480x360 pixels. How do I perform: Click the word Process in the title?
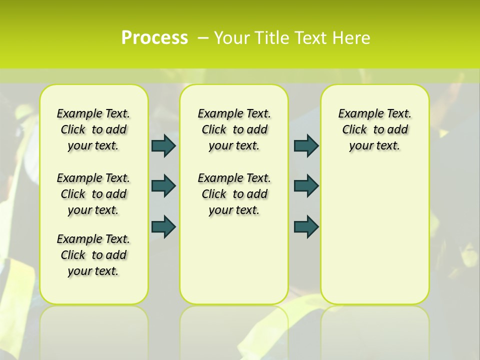154,38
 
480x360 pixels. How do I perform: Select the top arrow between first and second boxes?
163,145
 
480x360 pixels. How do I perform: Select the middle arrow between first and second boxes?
163,186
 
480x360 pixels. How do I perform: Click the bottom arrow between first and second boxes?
163,226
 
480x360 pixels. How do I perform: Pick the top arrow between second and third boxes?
306,145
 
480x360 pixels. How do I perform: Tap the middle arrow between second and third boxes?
306,186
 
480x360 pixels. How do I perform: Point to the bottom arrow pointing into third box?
306,226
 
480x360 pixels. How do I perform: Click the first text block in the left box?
93,129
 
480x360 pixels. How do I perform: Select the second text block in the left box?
93,194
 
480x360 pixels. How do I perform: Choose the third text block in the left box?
93,255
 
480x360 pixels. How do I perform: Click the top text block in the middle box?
234,129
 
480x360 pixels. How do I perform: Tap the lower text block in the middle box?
234,194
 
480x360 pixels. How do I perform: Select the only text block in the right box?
375,129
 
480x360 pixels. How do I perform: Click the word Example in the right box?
357,113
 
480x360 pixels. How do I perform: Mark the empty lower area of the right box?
375,235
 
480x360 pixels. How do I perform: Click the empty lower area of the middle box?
234,260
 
